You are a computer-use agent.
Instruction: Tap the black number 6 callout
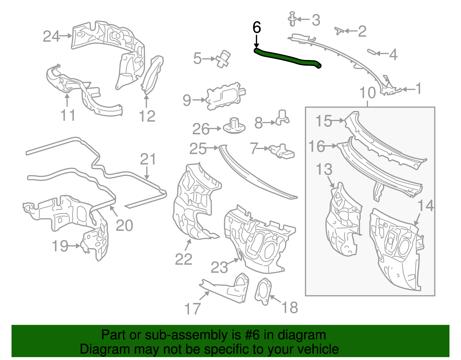256,28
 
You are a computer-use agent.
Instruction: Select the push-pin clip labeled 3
292,19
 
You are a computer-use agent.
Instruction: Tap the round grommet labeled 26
234,126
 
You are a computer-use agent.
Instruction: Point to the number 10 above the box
367,93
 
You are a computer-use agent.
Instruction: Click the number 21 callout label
148,159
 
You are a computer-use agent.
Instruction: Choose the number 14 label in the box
425,206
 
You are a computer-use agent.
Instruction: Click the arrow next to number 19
74,246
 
